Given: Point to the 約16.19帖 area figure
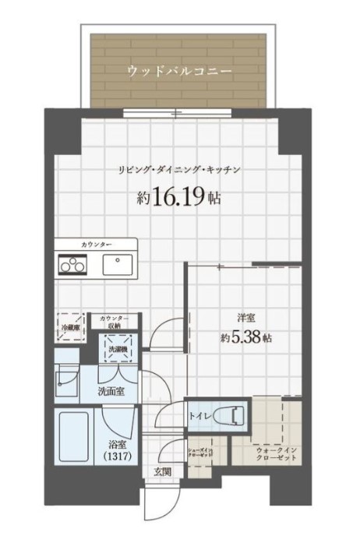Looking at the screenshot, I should coord(178,198).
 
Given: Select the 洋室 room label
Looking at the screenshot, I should coord(247,317).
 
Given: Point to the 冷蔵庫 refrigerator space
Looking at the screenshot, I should coord(72,326).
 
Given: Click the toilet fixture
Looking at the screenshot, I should coord(231,415).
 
